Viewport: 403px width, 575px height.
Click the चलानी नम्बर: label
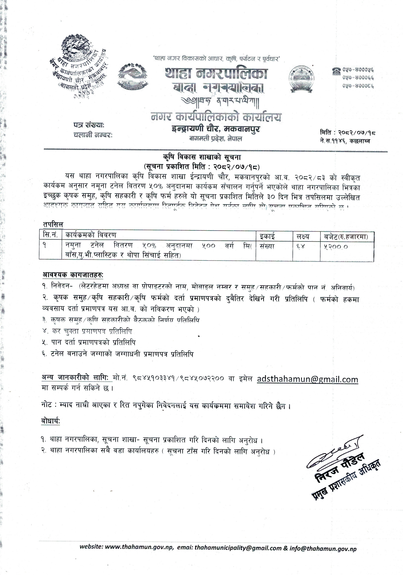(x=93, y=135)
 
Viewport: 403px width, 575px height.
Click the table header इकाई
(x=267, y=236)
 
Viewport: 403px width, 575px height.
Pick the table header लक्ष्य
(x=303, y=236)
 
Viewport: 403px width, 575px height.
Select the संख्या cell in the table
(x=267, y=246)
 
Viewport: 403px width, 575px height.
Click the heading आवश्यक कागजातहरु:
(x=73, y=275)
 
